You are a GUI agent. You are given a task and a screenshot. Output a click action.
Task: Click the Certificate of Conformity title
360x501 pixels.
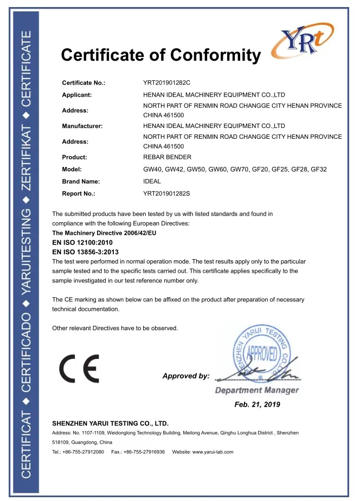[160, 55]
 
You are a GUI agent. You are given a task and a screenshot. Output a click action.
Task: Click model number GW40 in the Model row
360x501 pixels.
[152, 169]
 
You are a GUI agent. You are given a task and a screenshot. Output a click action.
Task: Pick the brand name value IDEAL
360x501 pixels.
[152, 181]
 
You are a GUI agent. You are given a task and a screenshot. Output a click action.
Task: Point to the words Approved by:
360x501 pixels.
[185, 376]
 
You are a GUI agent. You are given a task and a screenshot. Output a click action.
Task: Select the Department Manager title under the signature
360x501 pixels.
[256, 390]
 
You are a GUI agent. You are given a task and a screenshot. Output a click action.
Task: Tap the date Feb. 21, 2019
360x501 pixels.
[257, 404]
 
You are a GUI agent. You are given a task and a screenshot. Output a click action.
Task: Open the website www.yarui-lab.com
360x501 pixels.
[213, 452]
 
